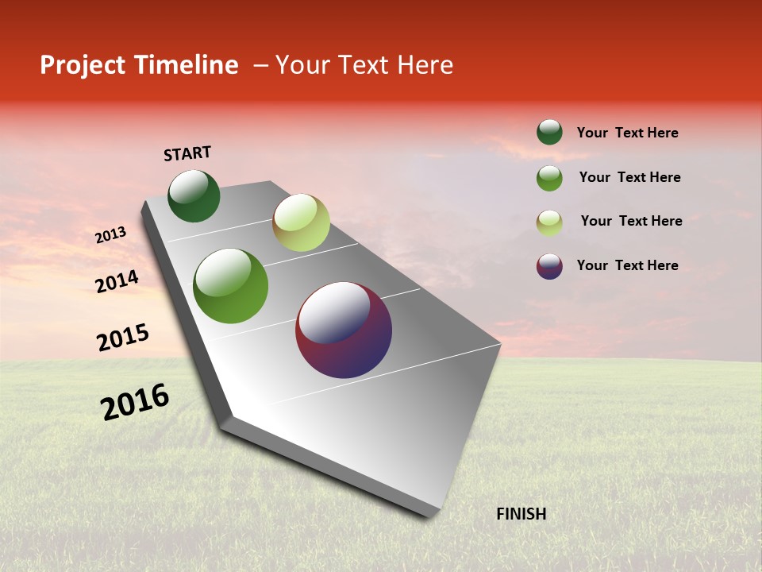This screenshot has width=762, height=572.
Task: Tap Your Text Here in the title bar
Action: coord(364,65)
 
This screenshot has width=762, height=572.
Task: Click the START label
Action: coord(187,153)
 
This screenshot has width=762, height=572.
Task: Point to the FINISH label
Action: coord(521,514)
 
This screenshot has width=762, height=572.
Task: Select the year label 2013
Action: coord(111,235)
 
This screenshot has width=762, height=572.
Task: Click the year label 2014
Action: coord(117,281)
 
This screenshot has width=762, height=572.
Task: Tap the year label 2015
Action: coord(123,338)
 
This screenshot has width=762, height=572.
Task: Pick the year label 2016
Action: coord(135,402)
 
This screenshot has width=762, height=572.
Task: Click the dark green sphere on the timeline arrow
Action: coord(194,196)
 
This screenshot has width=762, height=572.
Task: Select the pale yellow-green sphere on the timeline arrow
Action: coord(301,222)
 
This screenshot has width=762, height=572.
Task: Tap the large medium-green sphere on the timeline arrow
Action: coord(231,286)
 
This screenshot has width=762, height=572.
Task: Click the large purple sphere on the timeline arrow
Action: coord(344,330)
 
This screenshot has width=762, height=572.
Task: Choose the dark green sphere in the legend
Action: coord(549,132)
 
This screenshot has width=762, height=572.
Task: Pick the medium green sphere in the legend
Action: coord(549,178)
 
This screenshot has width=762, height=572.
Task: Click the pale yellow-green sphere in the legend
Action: coord(549,222)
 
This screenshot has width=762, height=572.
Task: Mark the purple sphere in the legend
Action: coord(549,266)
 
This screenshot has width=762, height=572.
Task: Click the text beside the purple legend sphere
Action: coord(627,265)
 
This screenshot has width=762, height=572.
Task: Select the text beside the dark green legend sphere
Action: coord(627,133)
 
